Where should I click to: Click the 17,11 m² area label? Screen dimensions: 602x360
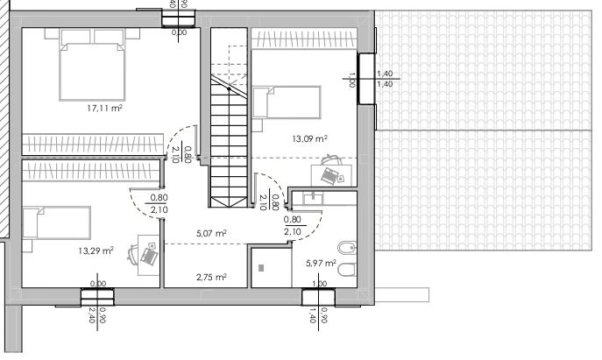click(x=105, y=109)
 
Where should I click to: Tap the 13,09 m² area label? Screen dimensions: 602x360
click(x=310, y=138)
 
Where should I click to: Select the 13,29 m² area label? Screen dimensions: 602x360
click(x=96, y=251)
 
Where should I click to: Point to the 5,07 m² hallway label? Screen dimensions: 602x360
click(x=211, y=233)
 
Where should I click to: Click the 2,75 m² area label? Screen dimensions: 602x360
click(x=211, y=277)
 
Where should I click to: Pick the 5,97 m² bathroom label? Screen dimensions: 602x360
click(x=322, y=264)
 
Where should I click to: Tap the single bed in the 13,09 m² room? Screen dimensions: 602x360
click(x=287, y=102)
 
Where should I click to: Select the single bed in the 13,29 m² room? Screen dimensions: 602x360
click(x=56, y=222)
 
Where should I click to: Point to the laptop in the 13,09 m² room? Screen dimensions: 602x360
click(x=332, y=176)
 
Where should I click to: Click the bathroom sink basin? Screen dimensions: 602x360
click(x=314, y=199)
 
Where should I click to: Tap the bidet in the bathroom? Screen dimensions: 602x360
click(x=348, y=248)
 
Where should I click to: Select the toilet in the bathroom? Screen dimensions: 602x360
click(x=348, y=270)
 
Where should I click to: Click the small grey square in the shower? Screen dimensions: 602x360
click(x=261, y=268)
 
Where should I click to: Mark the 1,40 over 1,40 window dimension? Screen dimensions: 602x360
click(x=385, y=79)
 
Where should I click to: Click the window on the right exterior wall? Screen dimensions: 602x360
click(x=366, y=78)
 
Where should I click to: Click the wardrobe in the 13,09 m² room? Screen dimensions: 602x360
click(x=304, y=39)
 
